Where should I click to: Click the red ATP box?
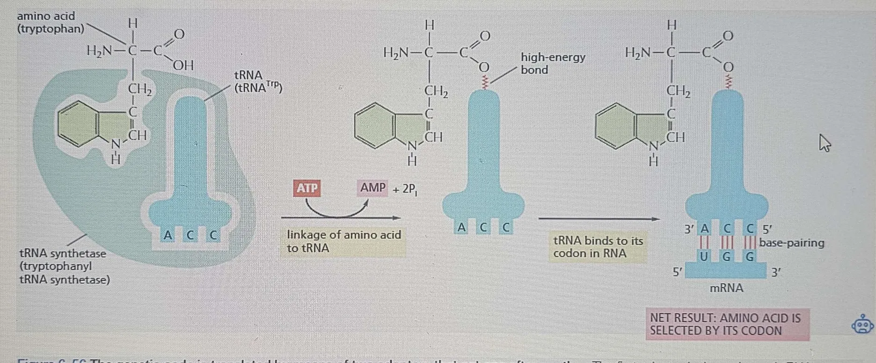coord(307,188)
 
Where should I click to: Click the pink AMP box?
coord(372,188)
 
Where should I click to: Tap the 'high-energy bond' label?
coord(553,64)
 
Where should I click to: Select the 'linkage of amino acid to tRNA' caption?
coord(343,241)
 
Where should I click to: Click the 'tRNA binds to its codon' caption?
coord(598,247)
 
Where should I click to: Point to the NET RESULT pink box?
coord(727,324)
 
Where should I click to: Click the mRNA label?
coord(726,288)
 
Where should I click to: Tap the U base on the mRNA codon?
coord(703,256)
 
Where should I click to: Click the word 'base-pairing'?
coord(791,243)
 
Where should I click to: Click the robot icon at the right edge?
coord(862,324)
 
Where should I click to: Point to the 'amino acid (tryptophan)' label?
coord(50,22)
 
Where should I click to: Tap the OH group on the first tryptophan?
coord(183,65)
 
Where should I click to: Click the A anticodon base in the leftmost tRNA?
coord(168,235)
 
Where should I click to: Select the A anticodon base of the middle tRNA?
coord(462,228)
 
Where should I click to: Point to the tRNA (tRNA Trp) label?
coord(257,81)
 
